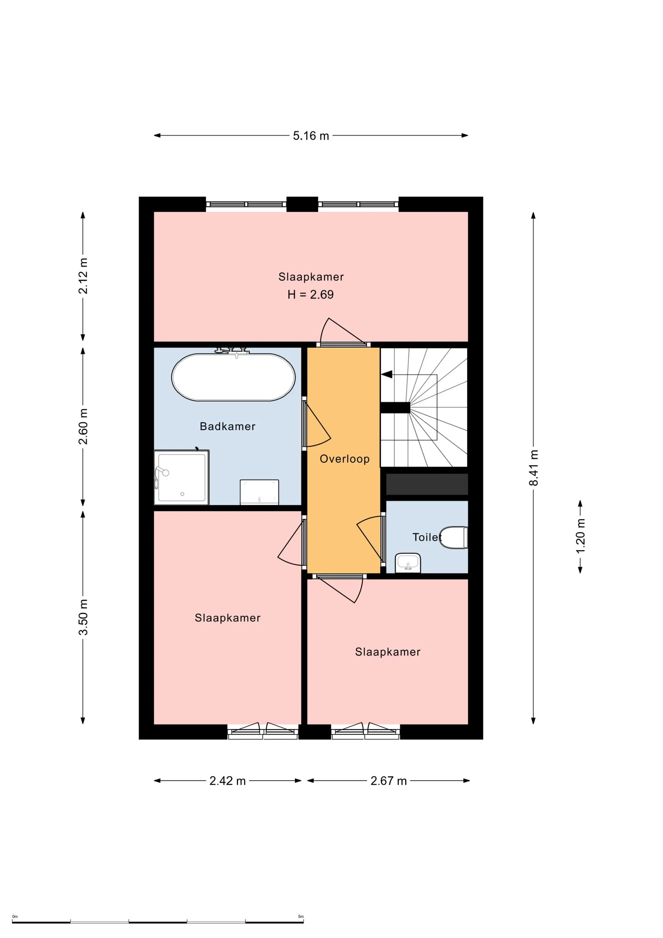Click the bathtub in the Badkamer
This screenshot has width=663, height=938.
233,377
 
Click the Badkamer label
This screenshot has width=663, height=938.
228,426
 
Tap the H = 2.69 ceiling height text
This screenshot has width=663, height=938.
310,294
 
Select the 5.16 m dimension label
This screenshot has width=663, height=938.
311,136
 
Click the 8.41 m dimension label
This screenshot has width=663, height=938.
534,467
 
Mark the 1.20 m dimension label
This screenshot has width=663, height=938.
580,536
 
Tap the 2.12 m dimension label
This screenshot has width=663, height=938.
83,276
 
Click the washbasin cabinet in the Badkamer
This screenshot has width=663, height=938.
259,492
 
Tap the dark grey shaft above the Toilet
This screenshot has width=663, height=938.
427,484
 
